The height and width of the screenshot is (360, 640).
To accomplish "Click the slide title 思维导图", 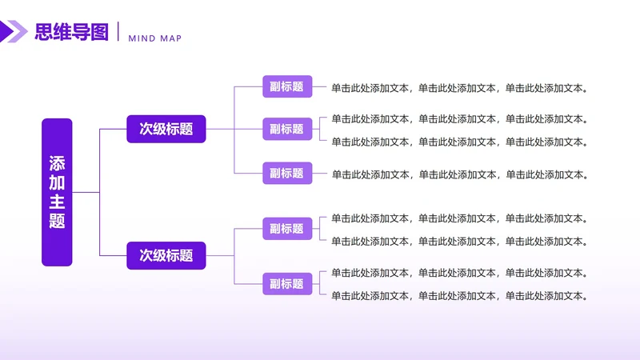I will [x=71, y=32].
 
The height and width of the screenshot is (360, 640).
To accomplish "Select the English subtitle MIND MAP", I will [x=155, y=38].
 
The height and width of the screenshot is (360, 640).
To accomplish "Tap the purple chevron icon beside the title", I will [x=14, y=32].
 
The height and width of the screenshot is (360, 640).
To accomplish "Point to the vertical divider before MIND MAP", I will [x=118, y=32].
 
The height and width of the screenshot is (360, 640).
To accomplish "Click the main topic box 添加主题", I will [x=57, y=192].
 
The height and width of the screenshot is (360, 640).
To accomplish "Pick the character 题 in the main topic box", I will [x=57, y=221].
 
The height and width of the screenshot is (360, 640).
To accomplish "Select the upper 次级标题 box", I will [x=166, y=129].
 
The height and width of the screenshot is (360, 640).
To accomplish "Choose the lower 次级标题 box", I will [x=166, y=255].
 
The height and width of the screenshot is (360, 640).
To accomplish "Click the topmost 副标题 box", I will [x=286, y=87].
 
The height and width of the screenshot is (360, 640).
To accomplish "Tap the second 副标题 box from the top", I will [x=286, y=129].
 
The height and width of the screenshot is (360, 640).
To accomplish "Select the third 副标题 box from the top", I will [x=286, y=173].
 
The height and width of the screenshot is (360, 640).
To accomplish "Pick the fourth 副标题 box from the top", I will [x=286, y=229].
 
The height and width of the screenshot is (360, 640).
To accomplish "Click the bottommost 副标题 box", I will [x=286, y=283].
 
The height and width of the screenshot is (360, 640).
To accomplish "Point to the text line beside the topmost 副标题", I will [x=460, y=88].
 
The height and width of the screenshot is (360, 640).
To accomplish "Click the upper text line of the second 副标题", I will [x=460, y=119].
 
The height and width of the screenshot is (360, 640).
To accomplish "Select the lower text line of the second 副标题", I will [x=460, y=142].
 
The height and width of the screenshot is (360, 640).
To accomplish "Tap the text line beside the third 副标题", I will [x=460, y=174].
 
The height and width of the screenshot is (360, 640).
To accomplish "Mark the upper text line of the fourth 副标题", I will [x=460, y=218].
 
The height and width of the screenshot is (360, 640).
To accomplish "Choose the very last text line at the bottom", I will [x=460, y=295].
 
